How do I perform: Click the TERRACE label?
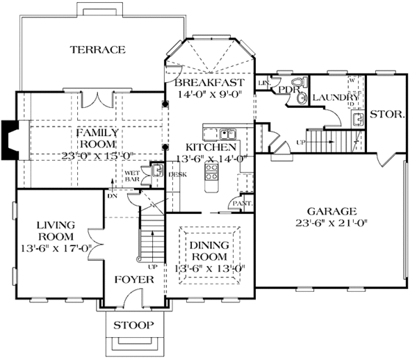tap(97, 49)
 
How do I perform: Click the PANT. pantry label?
tap(243, 203)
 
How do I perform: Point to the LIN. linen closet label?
tap(263, 83)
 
